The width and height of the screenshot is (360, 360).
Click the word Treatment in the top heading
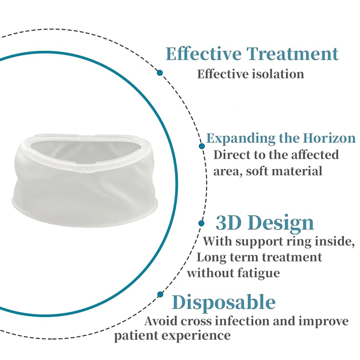pyautogui.click(x=292, y=54)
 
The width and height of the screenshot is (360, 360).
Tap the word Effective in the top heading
pyautogui.click(x=204, y=54)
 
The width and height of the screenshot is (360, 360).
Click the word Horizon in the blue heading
pyautogui.click(x=329, y=138)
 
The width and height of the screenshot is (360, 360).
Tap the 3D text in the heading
pyautogui.click(x=229, y=223)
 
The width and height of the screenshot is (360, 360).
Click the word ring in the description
pyautogui.click(x=297, y=242)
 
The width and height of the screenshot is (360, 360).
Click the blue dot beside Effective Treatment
pyautogui.click(x=160, y=73)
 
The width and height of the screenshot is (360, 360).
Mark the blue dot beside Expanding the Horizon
pyautogui.click(x=202, y=146)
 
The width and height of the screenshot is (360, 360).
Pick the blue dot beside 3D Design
pyautogui.click(x=201, y=223)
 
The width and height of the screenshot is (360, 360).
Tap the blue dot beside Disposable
pyautogui.click(x=160, y=294)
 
